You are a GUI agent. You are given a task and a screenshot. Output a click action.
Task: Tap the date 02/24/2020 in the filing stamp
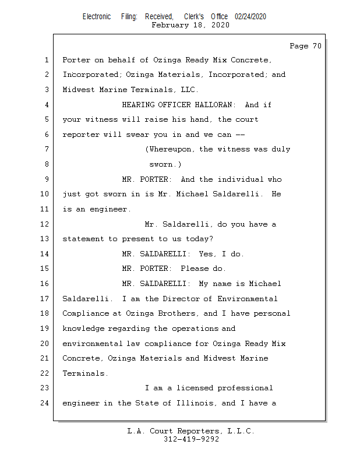(250, 17)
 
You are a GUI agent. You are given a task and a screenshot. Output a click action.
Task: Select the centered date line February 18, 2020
(190, 25)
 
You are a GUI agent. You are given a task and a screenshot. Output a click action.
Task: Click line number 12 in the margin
(46, 224)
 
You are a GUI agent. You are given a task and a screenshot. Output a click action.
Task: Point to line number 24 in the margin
(46, 403)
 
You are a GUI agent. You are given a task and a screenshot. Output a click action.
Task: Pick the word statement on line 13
(83, 239)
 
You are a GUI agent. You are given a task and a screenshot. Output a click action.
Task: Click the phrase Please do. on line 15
(203, 269)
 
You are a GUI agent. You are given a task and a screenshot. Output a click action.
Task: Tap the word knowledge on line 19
(83, 329)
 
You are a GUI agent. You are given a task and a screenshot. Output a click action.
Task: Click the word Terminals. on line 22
(85, 373)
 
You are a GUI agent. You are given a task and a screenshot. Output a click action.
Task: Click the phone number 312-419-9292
(191, 439)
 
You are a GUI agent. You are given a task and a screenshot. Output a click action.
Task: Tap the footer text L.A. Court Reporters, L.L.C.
(191, 432)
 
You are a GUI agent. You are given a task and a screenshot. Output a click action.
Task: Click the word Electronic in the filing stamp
(97, 17)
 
